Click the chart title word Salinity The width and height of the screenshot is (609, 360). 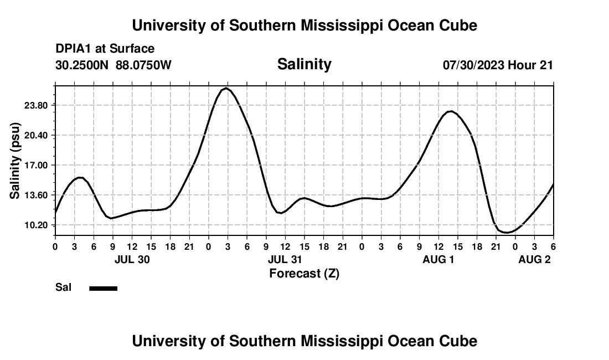tap(304, 64)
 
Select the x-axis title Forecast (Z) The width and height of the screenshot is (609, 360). tap(304, 273)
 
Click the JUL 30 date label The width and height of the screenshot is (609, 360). tap(132, 259)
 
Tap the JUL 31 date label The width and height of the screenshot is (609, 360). tap(285, 259)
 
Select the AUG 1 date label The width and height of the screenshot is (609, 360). tap(438, 259)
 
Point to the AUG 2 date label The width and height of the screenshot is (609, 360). tap(534, 259)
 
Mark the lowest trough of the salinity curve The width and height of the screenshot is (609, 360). tap(505, 233)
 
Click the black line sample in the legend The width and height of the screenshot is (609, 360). tap(103, 288)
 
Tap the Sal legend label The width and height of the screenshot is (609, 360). tap(63, 287)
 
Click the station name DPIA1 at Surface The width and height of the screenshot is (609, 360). tap(105, 49)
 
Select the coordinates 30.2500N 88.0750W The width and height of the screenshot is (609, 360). tap(113, 65)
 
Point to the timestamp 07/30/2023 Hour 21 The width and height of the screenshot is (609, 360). tap(498, 65)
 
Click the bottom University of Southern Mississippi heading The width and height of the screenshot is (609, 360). tap(304, 341)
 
